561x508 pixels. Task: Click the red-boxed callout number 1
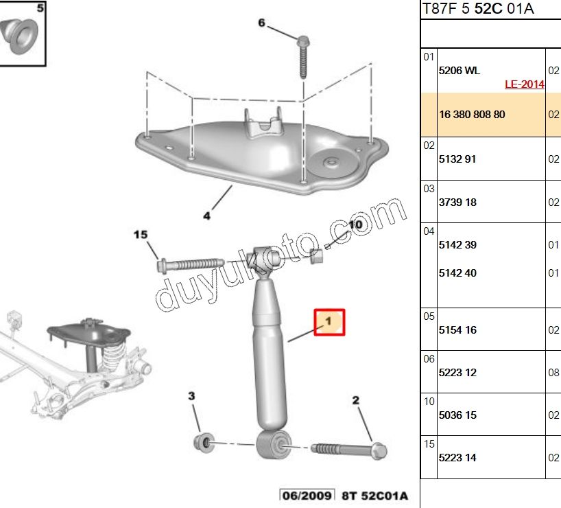click(329, 321)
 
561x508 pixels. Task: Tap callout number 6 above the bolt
click(261, 23)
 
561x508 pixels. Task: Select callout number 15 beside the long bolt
click(140, 235)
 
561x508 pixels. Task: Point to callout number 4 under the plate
click(206, 216)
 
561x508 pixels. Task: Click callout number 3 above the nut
click(192, 396)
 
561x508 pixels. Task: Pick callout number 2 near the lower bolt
click(356, 400)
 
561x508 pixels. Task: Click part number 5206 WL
click(459, 70)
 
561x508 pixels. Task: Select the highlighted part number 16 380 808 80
click(472, 115)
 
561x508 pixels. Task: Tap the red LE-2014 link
click(524, 84)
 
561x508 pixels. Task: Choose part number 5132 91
click(457, 159)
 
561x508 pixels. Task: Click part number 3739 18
click(457, 203)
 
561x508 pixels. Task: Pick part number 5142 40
click(457, 273)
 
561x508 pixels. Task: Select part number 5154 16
click(457, 330)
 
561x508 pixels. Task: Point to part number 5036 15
click(457, 415)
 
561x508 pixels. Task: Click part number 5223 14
click(457, 458)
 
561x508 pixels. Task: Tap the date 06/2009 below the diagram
click(306, 495)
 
